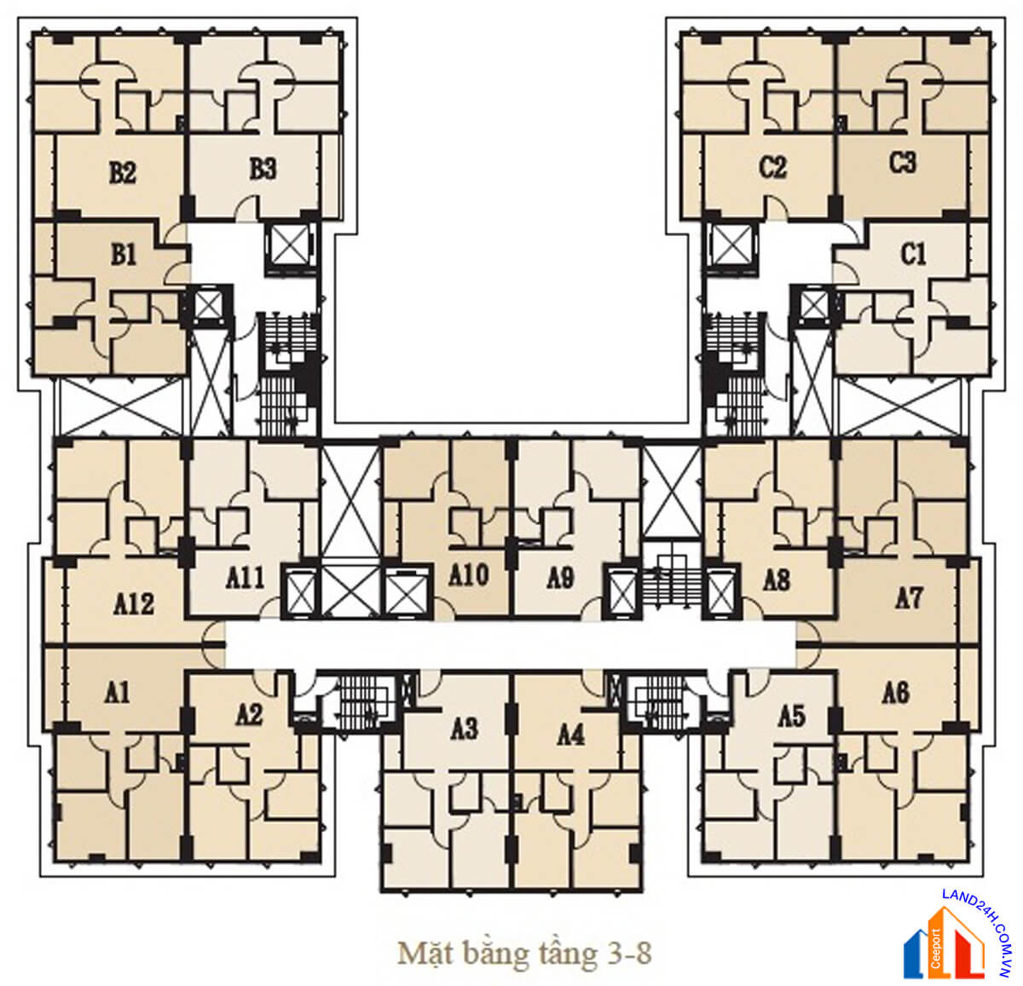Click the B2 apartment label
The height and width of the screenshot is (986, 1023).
pyautogui.click(x=123, y=172)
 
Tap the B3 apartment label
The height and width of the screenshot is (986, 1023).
pyautogui.click(x=263, y=170)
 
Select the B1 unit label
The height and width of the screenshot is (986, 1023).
pyautogui.click(x=124, y=255)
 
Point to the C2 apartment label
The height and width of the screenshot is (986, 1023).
pyautogui.click(x=772, y=167)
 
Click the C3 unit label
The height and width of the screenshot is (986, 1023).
pyautogui.click(x=903, y=162)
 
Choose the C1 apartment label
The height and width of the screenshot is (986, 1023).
pyautogui.click(x=913, y=255)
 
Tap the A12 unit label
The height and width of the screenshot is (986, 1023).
pyautogui.click(x=134, y=604)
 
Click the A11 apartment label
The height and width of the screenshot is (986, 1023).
pyautogui.click(x=246, y=578)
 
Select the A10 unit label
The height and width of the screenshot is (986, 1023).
pyautogui.click(x=469, y=575)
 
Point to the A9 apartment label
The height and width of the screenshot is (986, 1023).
pyautogui.click(x=560, y=578)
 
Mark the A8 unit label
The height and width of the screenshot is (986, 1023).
pyautogui.click(x=777, y=581)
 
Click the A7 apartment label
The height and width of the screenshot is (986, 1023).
pyautogui.click(x=909, y=598)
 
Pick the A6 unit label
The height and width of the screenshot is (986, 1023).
pyautogui.click(x=896, y=693)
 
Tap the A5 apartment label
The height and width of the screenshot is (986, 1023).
pyautogui.click(x=792, y=717)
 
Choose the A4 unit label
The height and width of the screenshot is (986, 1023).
pyautogui.click(x=570, y=735)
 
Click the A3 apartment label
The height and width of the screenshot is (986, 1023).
pyautogui.click(x=465, y=729)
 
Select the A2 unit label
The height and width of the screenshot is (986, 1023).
pyautogui.click(x=249, y=715)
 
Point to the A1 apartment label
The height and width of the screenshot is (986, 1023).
pyautogui.click(x=117, y=693)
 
